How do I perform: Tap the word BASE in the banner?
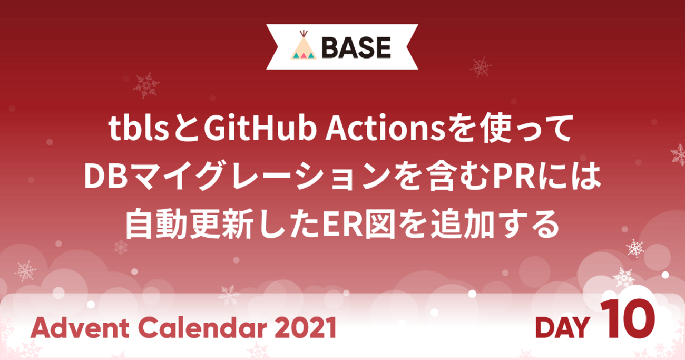pos(356,47)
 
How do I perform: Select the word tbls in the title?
pos(139,129)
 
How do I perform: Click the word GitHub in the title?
pos(260,128)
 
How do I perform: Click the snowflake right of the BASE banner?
pos(481,67)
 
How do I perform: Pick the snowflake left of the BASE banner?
pos(146,85)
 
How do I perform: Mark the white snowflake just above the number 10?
pos(623,277)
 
